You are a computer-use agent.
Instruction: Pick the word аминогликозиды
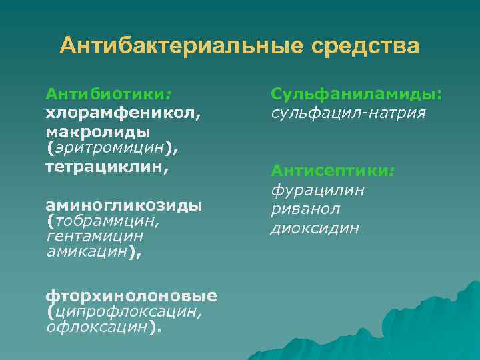(x=123, y=204)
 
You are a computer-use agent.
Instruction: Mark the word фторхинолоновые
(x=131, y=295)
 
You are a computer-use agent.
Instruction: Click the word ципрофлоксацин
(x=127, y=311)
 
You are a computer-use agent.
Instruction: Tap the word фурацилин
(x=317, y=191)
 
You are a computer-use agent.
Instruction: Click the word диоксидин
(x=315, y=228)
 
